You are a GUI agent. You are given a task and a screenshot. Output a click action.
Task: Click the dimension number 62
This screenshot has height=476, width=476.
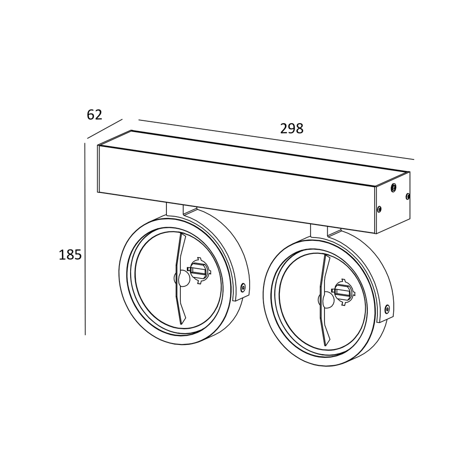[94, 114]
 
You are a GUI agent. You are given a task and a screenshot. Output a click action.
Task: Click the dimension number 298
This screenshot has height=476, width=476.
[291, 129]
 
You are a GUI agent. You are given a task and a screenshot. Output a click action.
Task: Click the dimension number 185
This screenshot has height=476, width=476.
[70, 255]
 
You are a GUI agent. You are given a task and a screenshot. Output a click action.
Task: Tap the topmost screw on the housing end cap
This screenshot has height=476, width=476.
[394, 187]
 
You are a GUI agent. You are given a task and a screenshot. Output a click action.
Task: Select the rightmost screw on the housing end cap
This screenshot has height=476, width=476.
[408, 196]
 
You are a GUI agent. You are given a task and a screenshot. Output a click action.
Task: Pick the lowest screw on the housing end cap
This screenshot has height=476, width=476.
[379, 209]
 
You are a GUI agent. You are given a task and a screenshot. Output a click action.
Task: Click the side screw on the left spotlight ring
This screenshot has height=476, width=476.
[243, 287]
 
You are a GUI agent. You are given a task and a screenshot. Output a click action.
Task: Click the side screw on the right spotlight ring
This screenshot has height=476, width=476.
[387, 308]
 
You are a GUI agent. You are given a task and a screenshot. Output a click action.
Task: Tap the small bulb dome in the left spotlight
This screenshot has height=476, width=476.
[182, 279]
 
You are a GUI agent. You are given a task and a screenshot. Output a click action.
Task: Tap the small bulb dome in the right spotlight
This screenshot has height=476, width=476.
[326, 300]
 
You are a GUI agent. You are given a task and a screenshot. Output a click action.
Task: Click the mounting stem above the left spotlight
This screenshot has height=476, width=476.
[174, 210]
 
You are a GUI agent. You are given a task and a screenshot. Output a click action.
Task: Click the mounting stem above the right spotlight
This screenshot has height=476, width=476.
[318, 231]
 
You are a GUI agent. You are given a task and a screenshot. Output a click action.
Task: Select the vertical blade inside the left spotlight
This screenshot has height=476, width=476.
[179, 279]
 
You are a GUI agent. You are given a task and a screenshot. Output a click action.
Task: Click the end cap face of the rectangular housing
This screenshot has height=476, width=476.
[393, 202]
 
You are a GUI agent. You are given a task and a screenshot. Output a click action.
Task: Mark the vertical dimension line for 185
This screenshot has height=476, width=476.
[85, 239]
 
